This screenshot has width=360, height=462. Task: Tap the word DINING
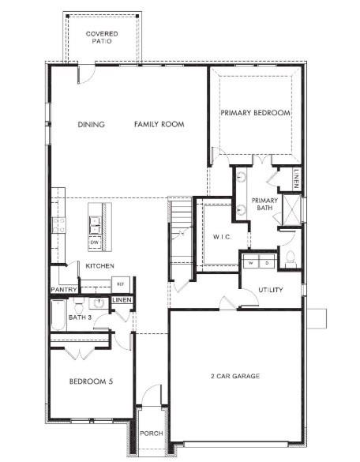pos(92,124)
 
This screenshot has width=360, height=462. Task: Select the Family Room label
pos(159,124)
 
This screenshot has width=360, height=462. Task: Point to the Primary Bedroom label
pos(255,113)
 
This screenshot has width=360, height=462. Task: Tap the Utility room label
pos(270,290)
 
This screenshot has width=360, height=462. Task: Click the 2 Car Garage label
pos(235,376)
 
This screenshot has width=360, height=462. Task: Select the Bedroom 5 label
pos(91,381)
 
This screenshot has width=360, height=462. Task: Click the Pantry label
pos(63,290)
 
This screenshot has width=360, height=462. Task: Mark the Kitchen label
pos(100,266)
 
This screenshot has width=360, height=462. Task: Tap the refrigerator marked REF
pos(121,284)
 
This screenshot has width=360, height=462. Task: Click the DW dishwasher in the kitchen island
pos(94,242)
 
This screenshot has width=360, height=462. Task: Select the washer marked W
pos(251,262)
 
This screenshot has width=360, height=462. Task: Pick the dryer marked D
pos(267,262)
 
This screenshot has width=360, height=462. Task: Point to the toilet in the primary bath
pos(290,257)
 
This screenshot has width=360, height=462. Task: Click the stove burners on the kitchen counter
pos(57,225)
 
